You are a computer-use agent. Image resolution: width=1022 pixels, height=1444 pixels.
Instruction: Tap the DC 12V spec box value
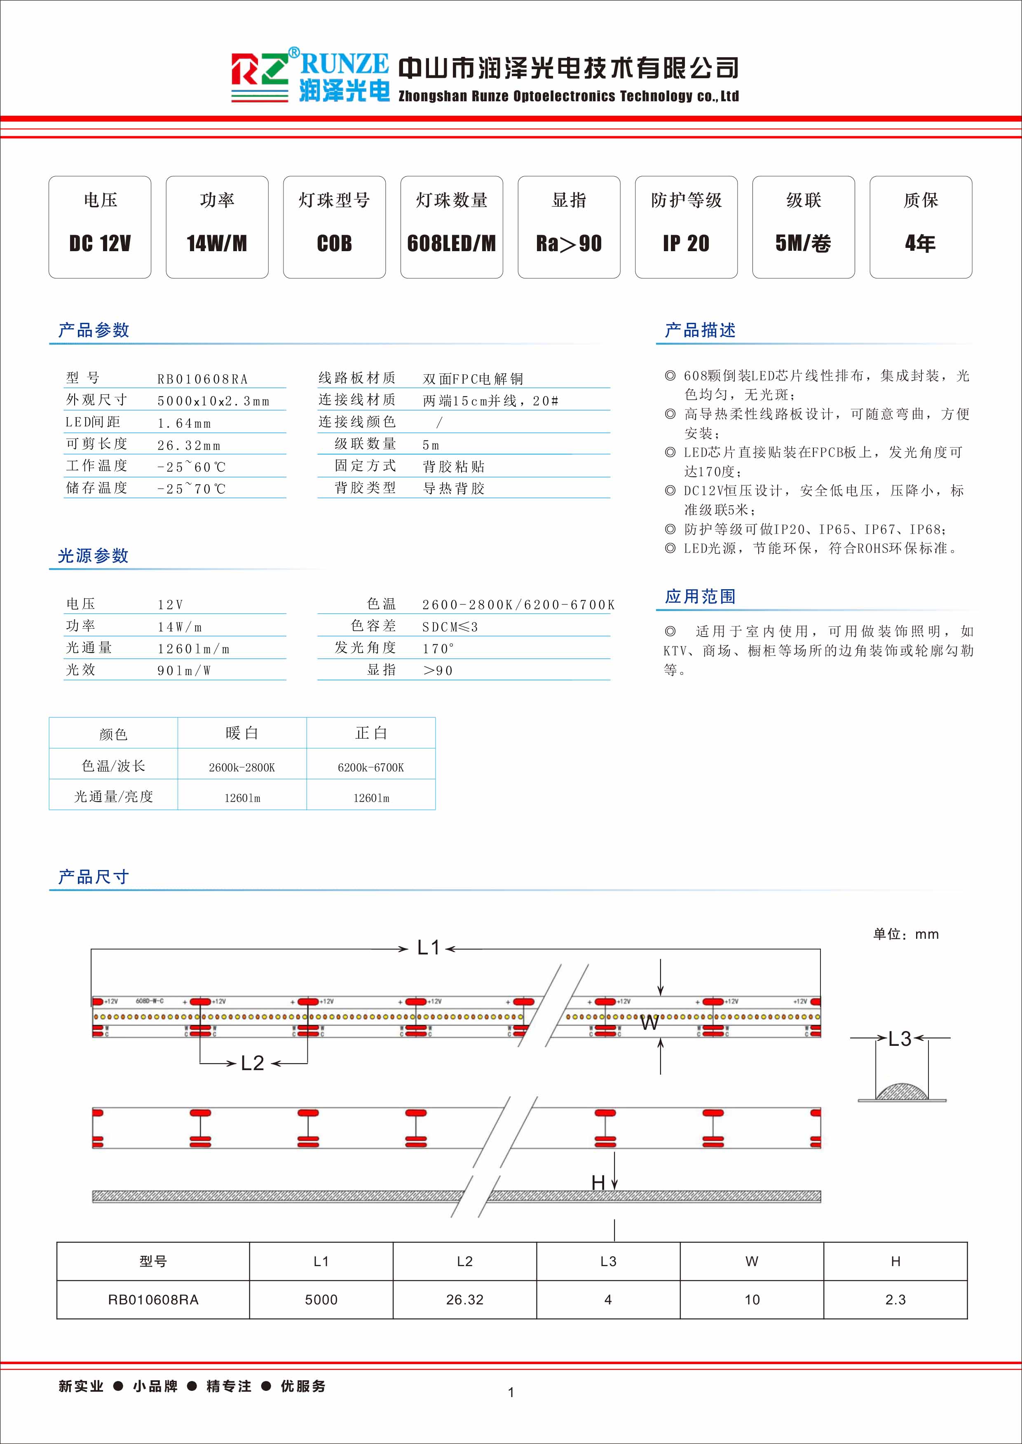(x=100, y=243)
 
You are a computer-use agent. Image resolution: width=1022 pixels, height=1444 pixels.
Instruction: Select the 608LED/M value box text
(x=451, y=243)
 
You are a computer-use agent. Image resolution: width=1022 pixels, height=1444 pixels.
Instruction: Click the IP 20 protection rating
(x=686, y=243)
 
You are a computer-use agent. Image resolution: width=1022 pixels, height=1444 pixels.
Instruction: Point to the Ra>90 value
(x=569, y=243)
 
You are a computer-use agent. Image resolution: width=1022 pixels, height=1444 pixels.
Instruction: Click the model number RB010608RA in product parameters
(x=203, y=379)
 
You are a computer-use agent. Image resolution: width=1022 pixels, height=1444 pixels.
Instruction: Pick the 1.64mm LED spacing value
(x=184, y=423)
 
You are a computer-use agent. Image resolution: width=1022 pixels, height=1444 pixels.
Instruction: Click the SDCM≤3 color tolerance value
(x=450, y=627)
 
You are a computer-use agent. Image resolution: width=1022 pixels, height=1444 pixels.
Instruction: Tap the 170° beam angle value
(x=438, y=649)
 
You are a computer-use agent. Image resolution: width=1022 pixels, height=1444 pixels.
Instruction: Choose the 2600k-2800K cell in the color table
(x=241, y=767)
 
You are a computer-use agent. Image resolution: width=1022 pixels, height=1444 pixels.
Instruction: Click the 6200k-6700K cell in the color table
(x=370, y=767)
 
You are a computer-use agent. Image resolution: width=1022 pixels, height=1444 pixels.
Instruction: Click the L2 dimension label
(x=252, y=1063)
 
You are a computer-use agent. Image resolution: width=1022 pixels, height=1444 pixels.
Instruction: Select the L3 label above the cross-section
(x=899, y=1039)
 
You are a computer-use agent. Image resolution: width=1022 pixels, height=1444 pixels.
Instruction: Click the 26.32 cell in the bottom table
(x=464, y=1299)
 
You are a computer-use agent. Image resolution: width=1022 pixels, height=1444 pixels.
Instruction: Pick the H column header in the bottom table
(x=895, y=1261)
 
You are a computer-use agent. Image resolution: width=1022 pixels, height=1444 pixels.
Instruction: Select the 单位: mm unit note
(x=905, y=935)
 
